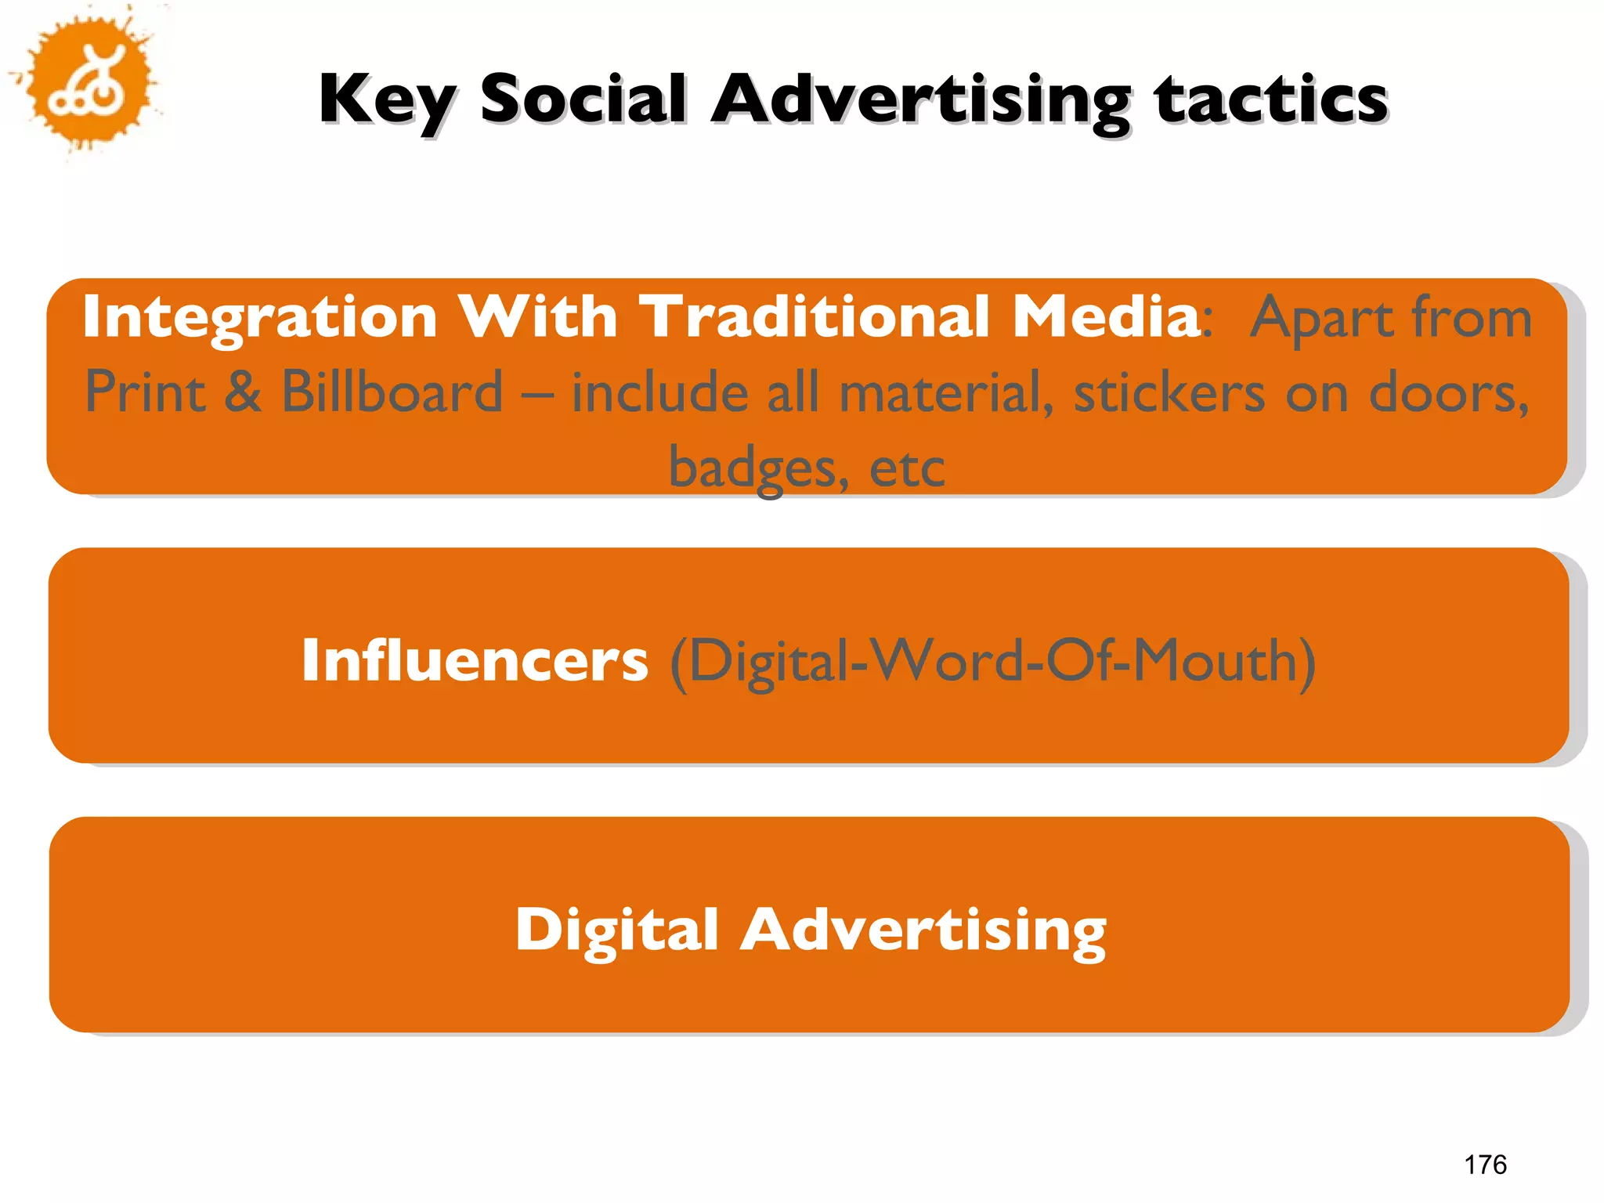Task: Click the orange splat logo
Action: [x=88, y=81]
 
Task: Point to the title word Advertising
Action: [x=921, y=100]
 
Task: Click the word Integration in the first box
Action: [x=259, y=318]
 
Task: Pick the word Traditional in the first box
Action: [x=815, y=316]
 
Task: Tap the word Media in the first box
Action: [x=1106, y=316]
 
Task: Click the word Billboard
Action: [x=392, y=392]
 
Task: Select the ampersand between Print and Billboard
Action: [x=243, y=392]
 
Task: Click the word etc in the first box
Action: [x=907, y=468]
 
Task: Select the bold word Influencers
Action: [x=475, y=660]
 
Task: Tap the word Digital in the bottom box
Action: [x=616, y=930]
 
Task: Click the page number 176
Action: [x=1485, y=1165]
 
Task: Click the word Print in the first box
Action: [x=146, y=392]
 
